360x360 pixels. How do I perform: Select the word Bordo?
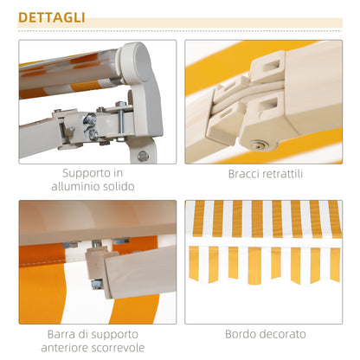(244, 333)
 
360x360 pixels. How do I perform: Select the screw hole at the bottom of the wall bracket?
(143, 156)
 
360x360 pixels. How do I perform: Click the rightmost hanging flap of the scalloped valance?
(334, 261)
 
